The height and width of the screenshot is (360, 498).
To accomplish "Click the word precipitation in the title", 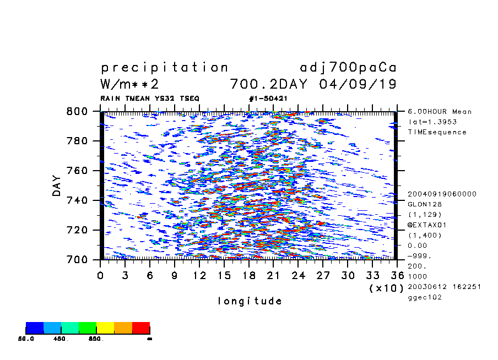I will (x=164, y=68).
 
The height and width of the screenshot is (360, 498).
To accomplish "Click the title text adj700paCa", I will (x=348, y=68).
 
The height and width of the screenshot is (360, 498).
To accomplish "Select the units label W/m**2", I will (x=130, y=84).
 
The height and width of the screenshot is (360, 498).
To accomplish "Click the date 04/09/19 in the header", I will (x=358, y=84).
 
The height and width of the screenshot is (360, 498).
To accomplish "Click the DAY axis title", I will (x=57, y=186).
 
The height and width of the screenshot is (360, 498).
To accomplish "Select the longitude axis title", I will (x=250, y=301).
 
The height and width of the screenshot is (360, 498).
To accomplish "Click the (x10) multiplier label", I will (x=386, y=288).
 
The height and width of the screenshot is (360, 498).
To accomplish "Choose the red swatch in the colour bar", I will (x=141, y=329).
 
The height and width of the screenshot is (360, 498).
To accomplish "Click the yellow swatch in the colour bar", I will (x=105, y=329).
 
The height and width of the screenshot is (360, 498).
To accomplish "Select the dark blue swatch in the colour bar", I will (x=35, y=329).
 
